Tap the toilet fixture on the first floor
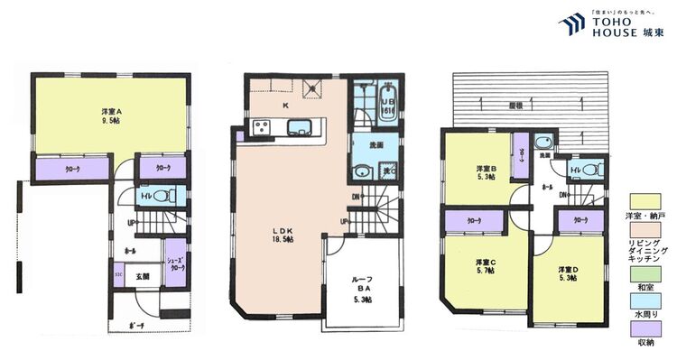pos(162,195)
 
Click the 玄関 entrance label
pos(143,277)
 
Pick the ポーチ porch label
pos(136,325)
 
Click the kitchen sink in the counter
pos(300,127)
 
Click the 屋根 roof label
pos(515,105)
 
